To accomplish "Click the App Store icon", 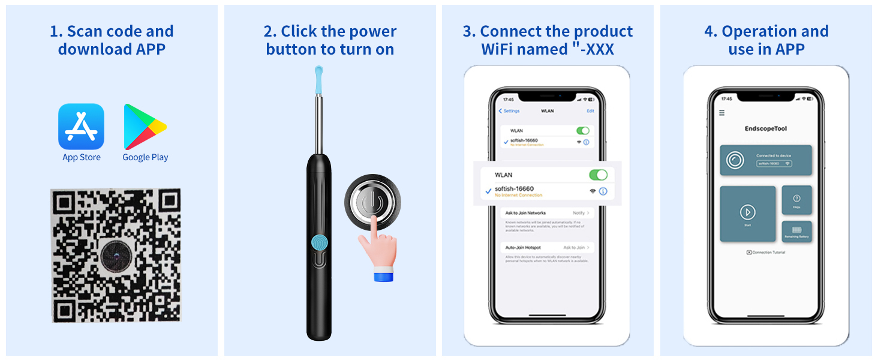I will tap(81, 127).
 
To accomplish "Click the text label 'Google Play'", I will tap(145, 157).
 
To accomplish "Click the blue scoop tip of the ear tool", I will tap(318, 77).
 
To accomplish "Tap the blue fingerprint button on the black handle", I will tap(319, 242).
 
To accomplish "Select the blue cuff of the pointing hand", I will tap(383, 276).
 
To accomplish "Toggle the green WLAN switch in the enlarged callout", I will tap(598, 175).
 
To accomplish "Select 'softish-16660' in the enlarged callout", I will tap(514, 189).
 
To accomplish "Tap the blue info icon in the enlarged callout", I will tap(603, 191).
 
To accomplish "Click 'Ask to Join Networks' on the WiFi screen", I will tap(525, 213).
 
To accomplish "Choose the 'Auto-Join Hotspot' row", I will tap(524, 247).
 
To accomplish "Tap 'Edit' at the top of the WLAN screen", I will tap(590, 111).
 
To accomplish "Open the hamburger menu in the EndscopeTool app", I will tap(721, 113).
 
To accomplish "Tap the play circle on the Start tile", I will tap(747, 212).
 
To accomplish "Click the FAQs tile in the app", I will tap(796, 200).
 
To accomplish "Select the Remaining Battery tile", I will tap(796, 232).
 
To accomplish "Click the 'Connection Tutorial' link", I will tap(766, 253).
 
